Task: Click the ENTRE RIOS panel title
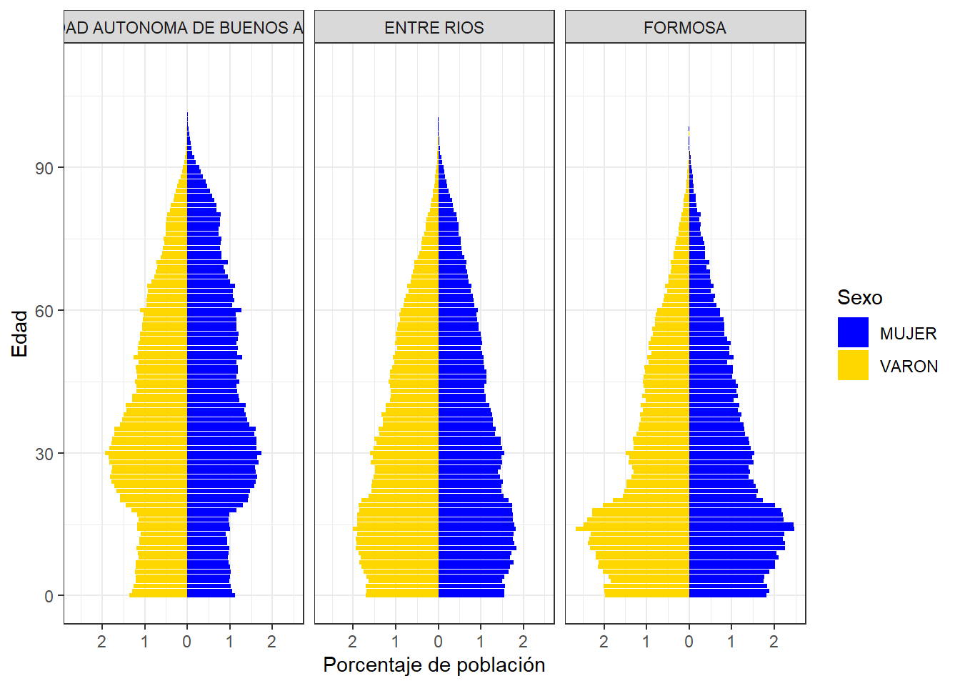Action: (x=434, y=28)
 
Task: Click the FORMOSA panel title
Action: (x=684, y=28)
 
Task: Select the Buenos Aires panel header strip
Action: (x=184, y=28)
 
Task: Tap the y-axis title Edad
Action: (x=19, y=333)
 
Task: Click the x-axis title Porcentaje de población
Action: (x=434, y=665)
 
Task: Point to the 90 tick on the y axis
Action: (x=45, y=168)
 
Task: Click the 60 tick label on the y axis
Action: (x=45, y=311)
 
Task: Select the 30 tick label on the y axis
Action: (x=45, y=454)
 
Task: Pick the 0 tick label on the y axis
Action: (x=49, y=596)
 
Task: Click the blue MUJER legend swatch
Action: (x=853, y=332)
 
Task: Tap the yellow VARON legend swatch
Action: (x=853, y=365)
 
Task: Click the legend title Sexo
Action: (x=859, y=297)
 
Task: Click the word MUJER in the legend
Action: (x=908, y=334)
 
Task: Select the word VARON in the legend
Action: (x=909, y=367)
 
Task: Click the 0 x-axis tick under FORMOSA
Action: (x=689, y=642)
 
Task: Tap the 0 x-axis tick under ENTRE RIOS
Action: (x=438, y=642)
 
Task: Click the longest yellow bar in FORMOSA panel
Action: (x=632, y=529)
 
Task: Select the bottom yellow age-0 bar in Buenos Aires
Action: (x=159, y=595)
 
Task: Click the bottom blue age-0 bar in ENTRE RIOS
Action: (x=471, y=595)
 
